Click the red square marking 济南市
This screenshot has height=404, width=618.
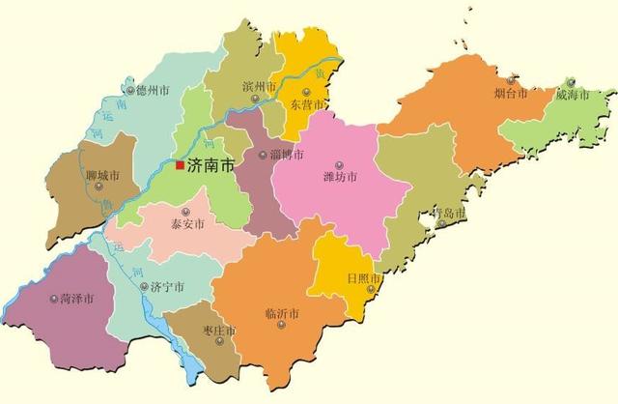[180, 165]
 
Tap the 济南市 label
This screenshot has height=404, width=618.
[211, 165]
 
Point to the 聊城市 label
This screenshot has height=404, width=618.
[101, 175]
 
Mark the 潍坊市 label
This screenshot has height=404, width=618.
[340, 177]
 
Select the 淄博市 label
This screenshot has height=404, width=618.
[288, 155]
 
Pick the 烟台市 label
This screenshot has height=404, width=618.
[511, 94]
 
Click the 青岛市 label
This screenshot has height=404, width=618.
[448, 212]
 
